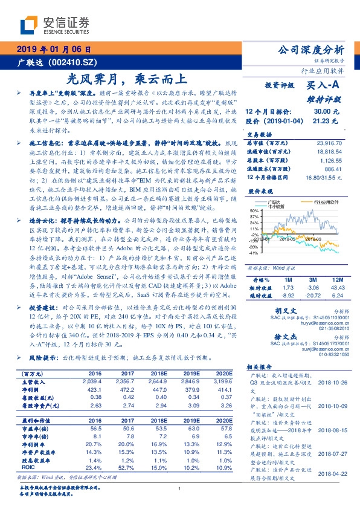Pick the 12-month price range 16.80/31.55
pos(324,177)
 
